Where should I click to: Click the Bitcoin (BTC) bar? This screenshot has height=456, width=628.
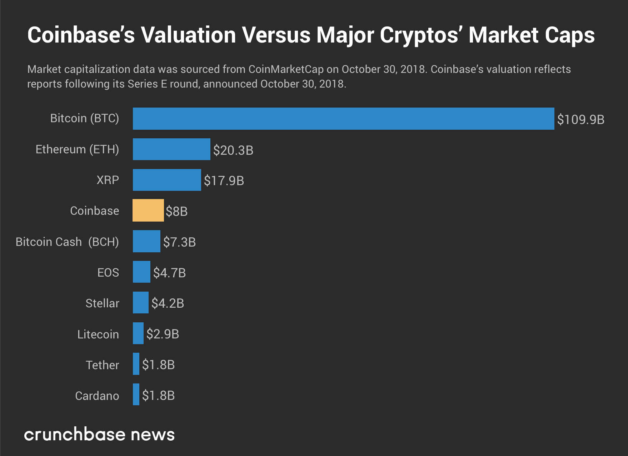[x=343, y=119]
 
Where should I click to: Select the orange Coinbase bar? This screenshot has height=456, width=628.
[x=148, y=210]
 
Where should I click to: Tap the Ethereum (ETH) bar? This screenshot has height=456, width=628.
[x=171, y=149]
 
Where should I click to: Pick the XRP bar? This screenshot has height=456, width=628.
[x=167, y=180]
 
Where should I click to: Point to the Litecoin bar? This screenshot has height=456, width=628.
[x=138, y=333]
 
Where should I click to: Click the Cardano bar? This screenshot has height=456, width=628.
[x=136, y=395]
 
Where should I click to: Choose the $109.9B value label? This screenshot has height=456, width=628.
[x=580, y=119]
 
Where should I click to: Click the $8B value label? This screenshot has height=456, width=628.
[x=176, y=211]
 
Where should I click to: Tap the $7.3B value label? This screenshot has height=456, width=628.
[x=179, y=242]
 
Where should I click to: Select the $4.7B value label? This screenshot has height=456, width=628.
[x=169, y=273]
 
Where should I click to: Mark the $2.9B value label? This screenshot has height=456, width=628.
[x=163, y=334]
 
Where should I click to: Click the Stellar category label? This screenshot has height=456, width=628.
[x=102, y=303]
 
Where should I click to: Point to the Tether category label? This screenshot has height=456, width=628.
[x=102, y=365]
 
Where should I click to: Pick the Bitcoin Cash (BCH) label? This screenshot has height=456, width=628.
[x=67, y=242]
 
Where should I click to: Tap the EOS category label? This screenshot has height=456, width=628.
[x=108, y=273]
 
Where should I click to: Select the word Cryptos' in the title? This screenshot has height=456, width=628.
[x=421, y=35]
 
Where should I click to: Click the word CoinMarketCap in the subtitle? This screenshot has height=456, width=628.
[x=286, y=69]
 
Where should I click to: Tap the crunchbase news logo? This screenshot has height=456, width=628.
[x=99, y=435]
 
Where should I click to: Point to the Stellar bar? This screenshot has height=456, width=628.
[x=141, y=303]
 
